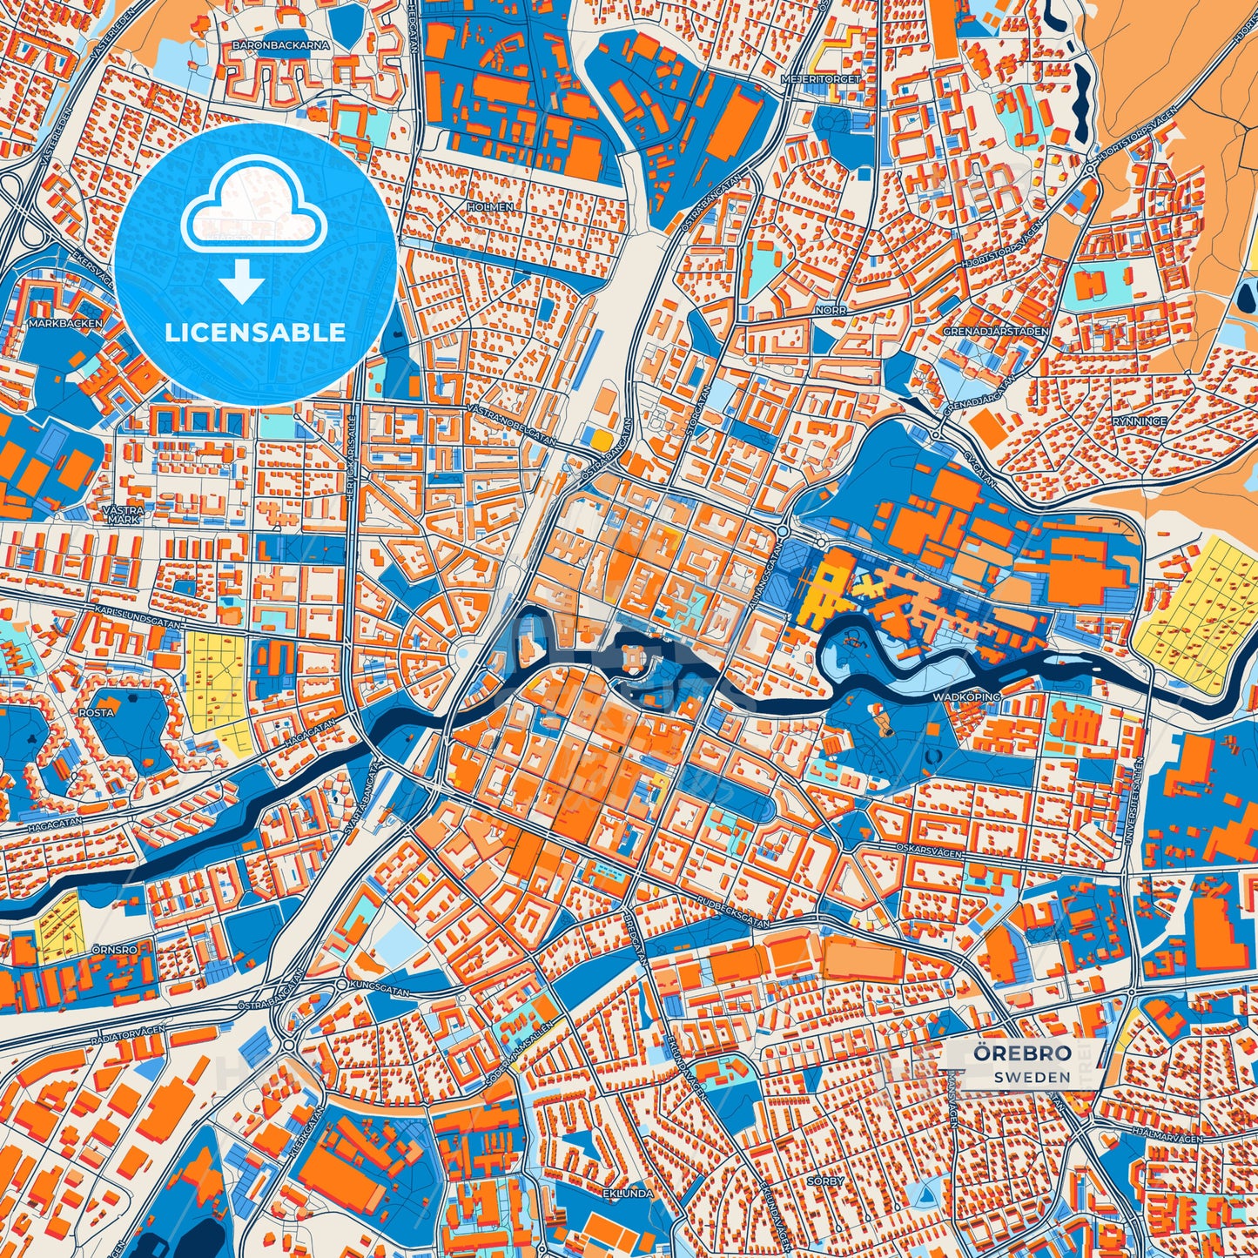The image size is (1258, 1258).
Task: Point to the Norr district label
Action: pyautogui.click(x=831, y=310)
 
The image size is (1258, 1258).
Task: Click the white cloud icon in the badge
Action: pyautogui.click(x=253, y=213)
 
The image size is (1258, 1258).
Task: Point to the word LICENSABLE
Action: pyautogui.click(x=255, y=333)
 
